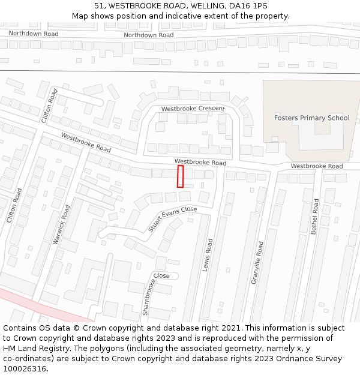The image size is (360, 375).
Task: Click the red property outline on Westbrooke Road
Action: coord(180,176)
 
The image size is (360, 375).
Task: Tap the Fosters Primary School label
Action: coord(311,118)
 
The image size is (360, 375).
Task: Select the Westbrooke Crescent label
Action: coord(193,109)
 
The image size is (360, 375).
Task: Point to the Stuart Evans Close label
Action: coord(172,220)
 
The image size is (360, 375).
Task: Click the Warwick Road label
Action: coord(62,224)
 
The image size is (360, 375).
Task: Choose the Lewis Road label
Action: coord(208,255)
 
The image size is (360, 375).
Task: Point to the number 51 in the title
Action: coord(99,6)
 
